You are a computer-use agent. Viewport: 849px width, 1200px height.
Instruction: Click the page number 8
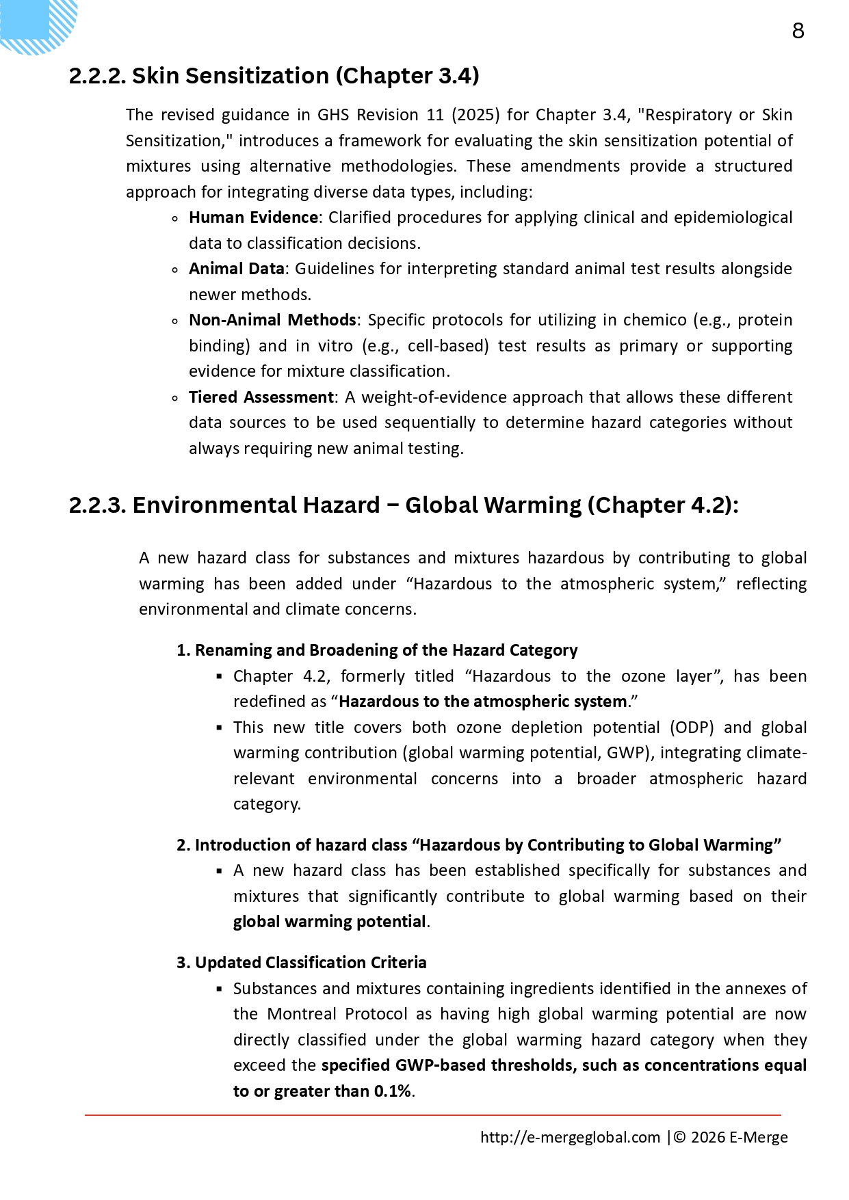[798, 31]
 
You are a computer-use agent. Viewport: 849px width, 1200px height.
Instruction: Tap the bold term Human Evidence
[253, 217]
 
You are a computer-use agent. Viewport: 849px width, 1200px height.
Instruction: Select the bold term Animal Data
[236, 269]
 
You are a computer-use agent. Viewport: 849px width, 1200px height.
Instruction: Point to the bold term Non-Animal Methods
[272, 320]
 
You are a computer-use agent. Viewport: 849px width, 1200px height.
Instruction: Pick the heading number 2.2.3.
[97, 505]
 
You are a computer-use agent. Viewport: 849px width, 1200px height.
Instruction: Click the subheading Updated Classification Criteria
[311, 963]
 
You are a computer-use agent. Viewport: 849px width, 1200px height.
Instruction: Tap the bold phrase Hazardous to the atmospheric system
[483, 702]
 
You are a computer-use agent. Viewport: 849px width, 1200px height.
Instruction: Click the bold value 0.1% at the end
[393, 1091]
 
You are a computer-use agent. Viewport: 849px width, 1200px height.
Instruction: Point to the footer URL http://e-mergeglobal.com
[570, 1137]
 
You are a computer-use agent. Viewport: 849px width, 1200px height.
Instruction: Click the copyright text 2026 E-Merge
[739, 1137]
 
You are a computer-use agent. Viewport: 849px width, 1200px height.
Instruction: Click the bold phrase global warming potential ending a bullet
[330, 922]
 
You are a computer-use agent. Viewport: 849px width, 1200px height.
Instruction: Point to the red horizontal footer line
[432, 1115]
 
